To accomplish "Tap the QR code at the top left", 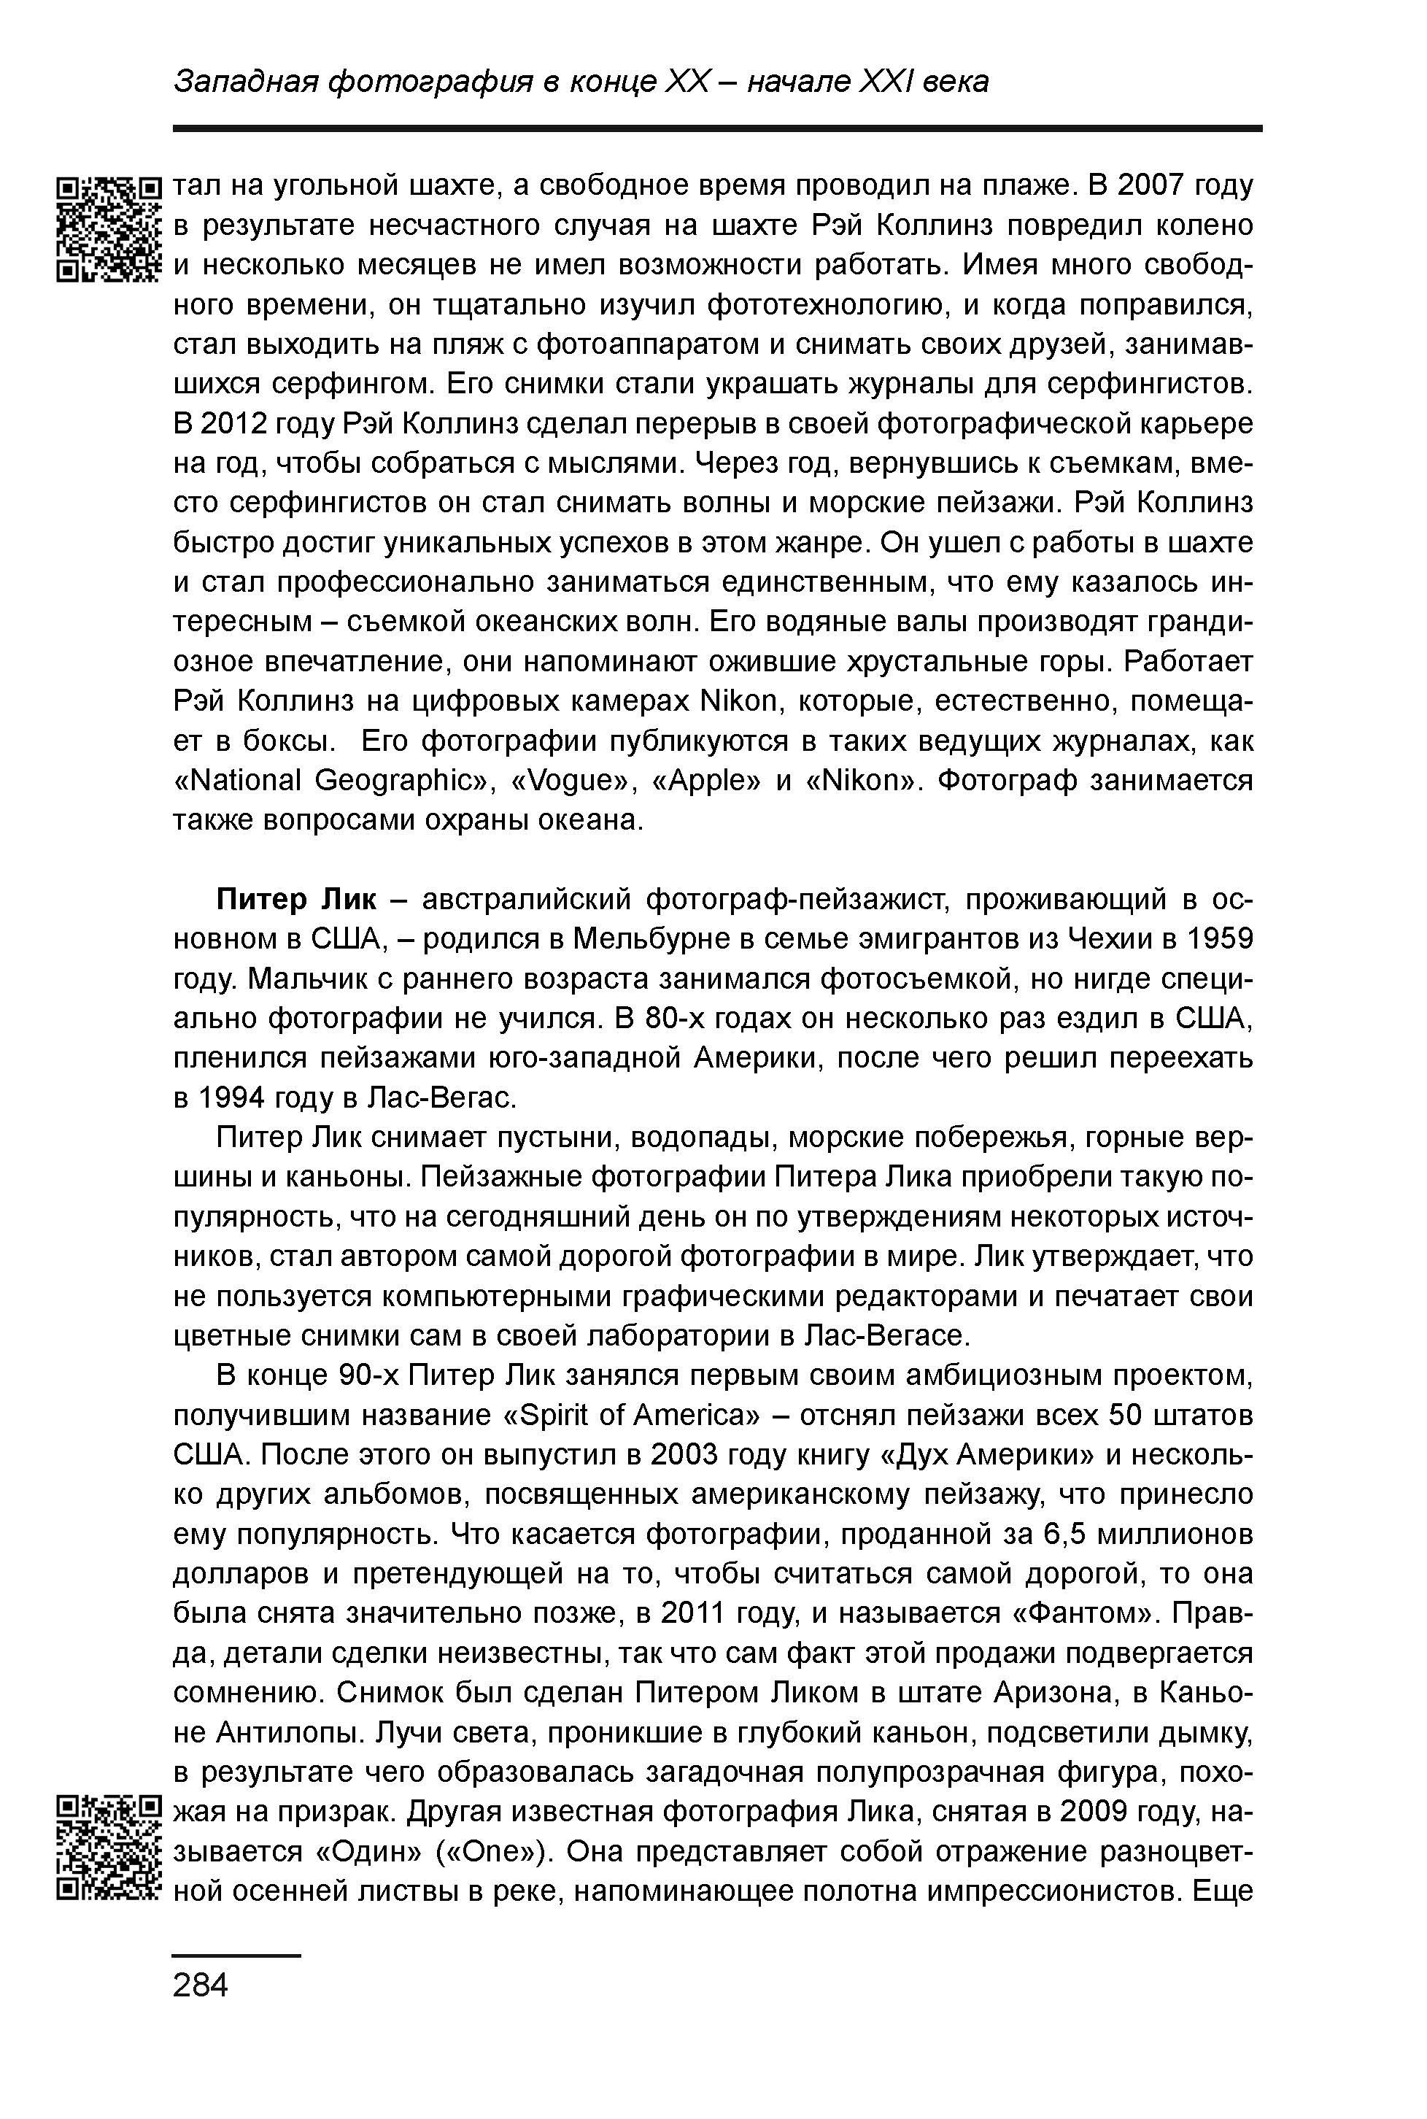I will pos(108,228).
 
